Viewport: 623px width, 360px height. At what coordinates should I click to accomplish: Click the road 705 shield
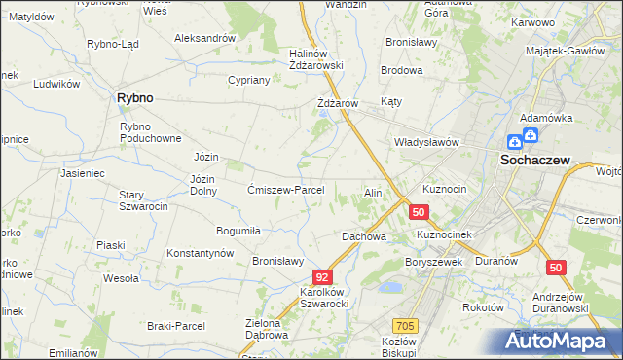[x=406, y=326]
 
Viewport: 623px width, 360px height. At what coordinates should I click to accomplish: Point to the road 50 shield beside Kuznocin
[x=419, y=212]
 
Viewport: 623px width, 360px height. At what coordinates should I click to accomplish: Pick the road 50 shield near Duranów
[x=556, y=267]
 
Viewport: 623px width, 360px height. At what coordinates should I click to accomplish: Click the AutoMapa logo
[x=559, y=342]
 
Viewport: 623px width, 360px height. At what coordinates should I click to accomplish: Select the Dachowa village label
[x=364, y=236]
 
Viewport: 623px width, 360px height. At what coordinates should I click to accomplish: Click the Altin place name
[x=372, y=193]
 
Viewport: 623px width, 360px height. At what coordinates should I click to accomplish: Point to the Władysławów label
[x=425, y=142]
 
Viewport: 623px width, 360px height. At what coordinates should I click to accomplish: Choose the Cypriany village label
[x=247, y=80]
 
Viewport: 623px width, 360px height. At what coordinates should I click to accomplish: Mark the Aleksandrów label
[x=204, y=38]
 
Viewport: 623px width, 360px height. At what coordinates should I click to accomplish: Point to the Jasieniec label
[x=82, y=173]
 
